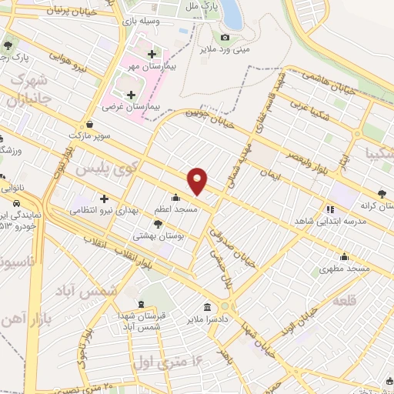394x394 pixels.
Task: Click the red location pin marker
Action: tap(198, 180)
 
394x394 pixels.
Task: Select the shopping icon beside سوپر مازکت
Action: tap(91, 123)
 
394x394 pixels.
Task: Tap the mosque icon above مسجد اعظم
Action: tap(177, 197)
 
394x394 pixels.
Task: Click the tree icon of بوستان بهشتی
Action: tap(158, 224)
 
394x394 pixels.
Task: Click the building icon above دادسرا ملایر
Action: tap(206, 306)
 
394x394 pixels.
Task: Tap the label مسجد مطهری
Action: tap(346, 269)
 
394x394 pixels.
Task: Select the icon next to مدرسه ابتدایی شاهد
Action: tap(330, 208)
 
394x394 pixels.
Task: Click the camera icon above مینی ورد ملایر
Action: tap(225, 38)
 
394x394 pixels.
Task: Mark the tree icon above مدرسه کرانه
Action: tap(382, 195)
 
